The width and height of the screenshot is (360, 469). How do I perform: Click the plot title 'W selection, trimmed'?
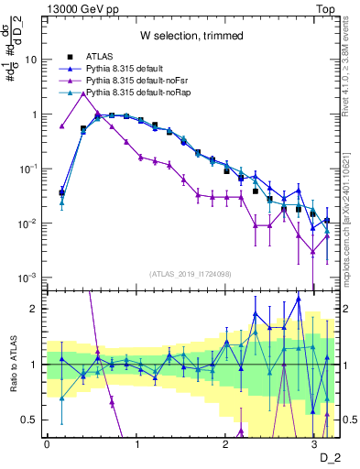pos(191,36)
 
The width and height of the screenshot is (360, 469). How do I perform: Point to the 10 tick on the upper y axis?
pos(31,60)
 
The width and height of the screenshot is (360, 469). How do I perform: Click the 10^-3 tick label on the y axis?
pos(29,278)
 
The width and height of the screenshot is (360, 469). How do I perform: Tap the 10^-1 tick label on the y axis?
pos(29,169)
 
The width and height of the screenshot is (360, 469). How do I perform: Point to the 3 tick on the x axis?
pos(313,443)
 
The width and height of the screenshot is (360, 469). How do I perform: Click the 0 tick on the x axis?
pos(47,443)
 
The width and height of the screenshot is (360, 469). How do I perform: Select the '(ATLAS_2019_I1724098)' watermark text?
pos(191,274)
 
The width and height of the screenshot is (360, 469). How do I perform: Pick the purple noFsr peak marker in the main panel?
pos(84,93)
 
